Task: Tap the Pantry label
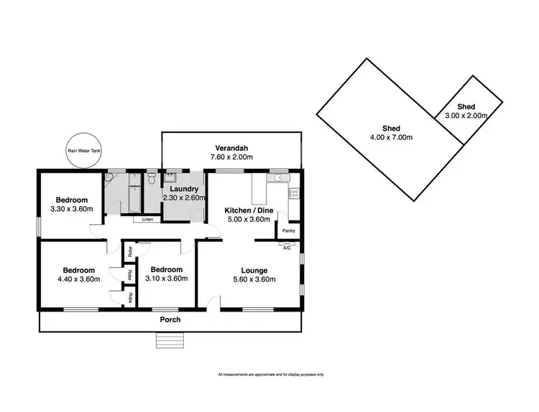[288, 230]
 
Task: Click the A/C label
[287, 248]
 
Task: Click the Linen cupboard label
[147, 218]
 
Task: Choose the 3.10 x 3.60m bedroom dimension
[165, 279]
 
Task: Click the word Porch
[170, 319]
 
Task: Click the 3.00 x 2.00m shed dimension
[466, 116]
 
